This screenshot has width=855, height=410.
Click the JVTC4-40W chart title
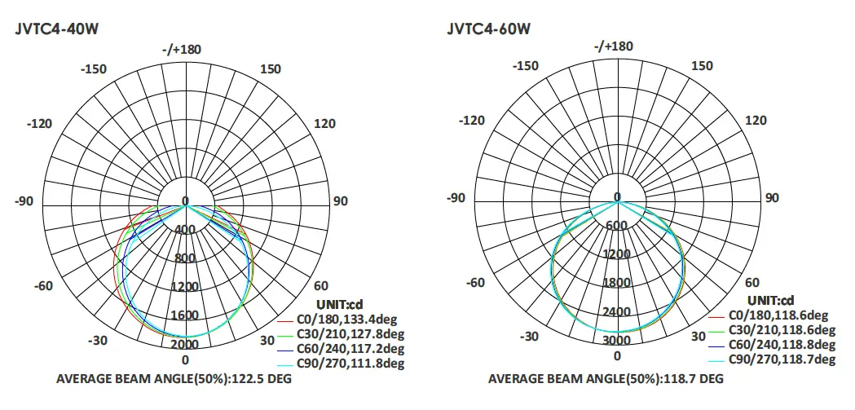pyautogui.click(x=57, y=29)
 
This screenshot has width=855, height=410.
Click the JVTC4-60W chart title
pyautogui.click(x=488, y=29)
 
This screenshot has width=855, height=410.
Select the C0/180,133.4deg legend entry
pyautogui.click(x=350, y=318)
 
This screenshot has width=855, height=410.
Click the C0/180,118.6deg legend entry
pyautogui.click(x=778, y=315)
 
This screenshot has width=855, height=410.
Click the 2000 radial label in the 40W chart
pyautogui.click(x=185, y=343)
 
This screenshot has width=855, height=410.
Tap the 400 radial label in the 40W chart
pyautogui.click(x=185, y=229)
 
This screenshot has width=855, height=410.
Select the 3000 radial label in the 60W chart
pyautogui.click(x=617, y=340)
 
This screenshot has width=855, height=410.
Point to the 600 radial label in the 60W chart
pyautogui.click(x=617, y=225)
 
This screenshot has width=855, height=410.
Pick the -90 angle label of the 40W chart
pyautogui.click(x=25, y=201)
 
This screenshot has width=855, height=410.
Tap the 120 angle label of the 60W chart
pyautogui.click(x=756, y=121)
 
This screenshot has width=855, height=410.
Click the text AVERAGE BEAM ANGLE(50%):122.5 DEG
pyautogui.click(x=174, y=380)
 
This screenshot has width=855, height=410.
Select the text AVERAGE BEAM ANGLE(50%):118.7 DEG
pyautogui.click(x=606, y=380)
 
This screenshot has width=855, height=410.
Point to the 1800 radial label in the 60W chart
pyautogui.click(x=617, y=283)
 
